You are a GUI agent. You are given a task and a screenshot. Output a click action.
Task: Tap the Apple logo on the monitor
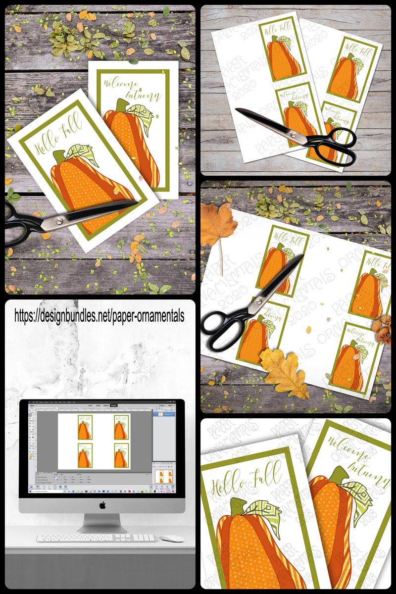[x=102, y=505]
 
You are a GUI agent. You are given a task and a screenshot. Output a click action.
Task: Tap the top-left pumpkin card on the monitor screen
[x=85, y=428]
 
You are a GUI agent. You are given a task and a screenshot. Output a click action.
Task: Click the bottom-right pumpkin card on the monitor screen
[x=120, y=455]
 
